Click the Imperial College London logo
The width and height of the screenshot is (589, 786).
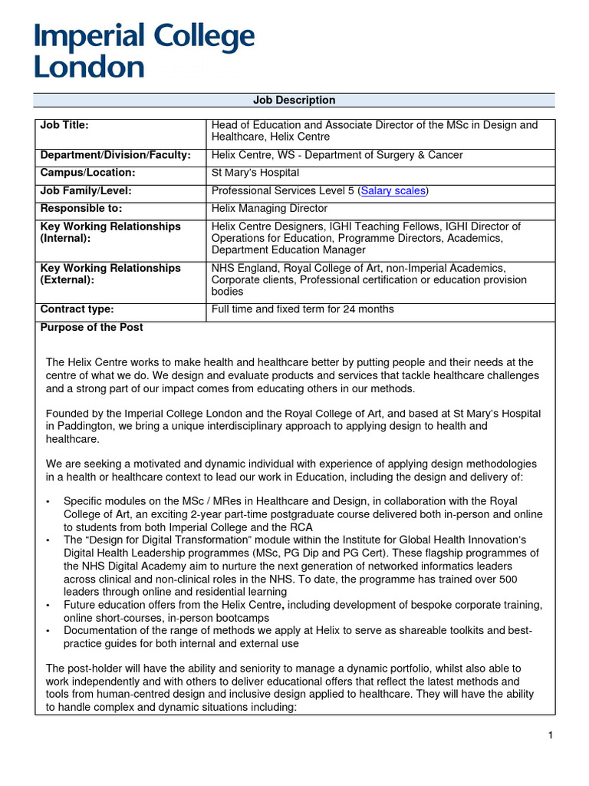click(x=144, y=51)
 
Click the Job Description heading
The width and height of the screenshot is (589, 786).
click(x=294, y=101)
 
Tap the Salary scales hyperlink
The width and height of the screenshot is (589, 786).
click(x=393, y=190)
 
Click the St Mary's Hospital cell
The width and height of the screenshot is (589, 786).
click(x=255, y=173)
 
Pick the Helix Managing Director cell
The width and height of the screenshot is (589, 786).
click(x=269, y=208)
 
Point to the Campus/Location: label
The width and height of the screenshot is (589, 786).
click(x=87, y=173)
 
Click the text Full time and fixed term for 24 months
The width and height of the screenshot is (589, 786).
click(x=302, y=309)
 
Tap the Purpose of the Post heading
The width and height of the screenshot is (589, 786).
click(x=91, y=327)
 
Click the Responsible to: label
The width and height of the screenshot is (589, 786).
click(x=81, y=208)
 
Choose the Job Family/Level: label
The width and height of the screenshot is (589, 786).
click(x=85, y=190)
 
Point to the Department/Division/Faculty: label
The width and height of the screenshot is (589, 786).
click(x=115, y=155)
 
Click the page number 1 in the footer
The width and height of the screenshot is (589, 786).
click(x=550, y=735)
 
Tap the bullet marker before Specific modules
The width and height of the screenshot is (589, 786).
click(x=48, y=501)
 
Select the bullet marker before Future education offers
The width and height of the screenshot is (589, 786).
click(x=48, y=606)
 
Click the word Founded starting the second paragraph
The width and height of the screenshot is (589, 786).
click(x=67, y=414)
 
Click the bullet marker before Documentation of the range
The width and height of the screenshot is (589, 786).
click(x=48, y=631)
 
